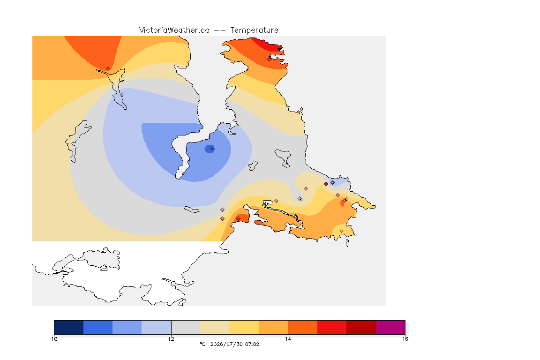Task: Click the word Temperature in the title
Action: tap(254, 30)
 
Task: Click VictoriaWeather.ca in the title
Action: tap(174, 30)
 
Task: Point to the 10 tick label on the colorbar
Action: tap(54, 339)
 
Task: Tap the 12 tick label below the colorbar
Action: tap(171, 339)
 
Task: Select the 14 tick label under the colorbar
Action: tap(288, 339)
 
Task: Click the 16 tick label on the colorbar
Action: tap(405, 339)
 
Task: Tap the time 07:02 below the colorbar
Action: tap(252, 344)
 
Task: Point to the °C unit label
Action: tap(202, 344)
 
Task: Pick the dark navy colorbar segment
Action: tap(69, 327)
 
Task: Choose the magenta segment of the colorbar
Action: tap(390, 327)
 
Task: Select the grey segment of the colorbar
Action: tap(186, 327)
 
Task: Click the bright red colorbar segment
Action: tap(332, 327)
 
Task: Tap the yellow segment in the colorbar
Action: tap(244, 327)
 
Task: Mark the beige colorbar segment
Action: tap(215, 327)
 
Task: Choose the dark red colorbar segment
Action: tap(361, 327)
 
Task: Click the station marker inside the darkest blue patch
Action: tap(212, 149)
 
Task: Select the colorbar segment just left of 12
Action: tap(157, 327)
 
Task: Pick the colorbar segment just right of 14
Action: tap(302, 327)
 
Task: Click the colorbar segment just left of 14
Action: tap(273, 327)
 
